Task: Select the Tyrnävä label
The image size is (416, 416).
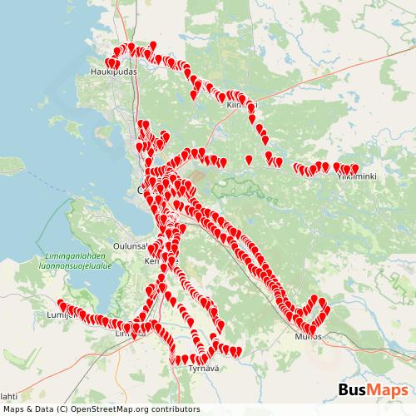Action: (202, 367)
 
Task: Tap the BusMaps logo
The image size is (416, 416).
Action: (373, 390)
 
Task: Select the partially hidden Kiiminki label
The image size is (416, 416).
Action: (239, 106)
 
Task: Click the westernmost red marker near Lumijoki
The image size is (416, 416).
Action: (61, 304)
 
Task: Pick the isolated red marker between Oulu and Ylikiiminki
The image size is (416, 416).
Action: (249, 157)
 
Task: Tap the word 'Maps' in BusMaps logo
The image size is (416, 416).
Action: (389, 390)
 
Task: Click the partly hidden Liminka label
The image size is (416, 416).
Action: (131, 334)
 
